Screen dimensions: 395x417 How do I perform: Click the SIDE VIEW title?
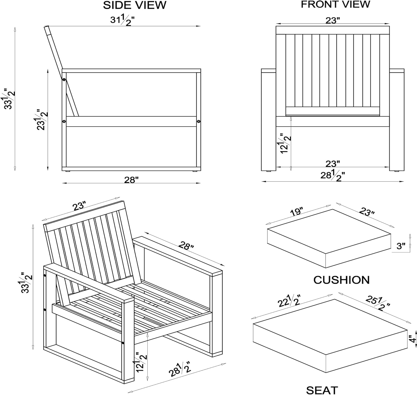coord(135,5)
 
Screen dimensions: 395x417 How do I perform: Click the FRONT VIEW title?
coord(335,4)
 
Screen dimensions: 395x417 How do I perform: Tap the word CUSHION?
coord(341,280)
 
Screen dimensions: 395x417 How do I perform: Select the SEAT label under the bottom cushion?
coord(322,390)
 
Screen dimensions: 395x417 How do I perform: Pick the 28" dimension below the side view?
coord(131,180)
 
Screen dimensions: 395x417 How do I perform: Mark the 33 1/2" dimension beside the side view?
coord(10,99)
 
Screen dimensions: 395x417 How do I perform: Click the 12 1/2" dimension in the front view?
coord(286,144)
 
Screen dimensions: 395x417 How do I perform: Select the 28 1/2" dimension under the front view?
coord(332,175)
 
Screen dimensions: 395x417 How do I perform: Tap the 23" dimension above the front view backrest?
coord(332,20)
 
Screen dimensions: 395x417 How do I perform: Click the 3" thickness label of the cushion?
coord(401,246)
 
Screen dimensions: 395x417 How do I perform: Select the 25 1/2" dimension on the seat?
coord(378,303)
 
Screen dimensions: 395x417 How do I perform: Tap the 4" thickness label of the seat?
coord(413,339)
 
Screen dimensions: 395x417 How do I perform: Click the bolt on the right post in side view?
coord(198,121)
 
